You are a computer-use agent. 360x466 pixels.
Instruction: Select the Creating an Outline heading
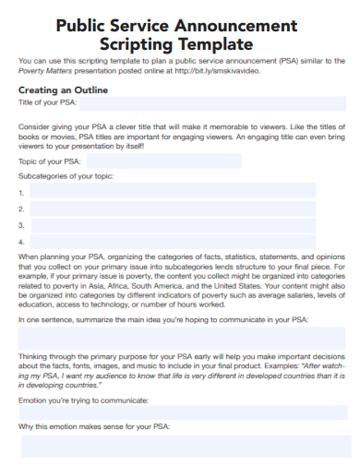click(x=63, y=90)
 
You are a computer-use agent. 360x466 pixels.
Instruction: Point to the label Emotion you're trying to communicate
click(x=81, y=401)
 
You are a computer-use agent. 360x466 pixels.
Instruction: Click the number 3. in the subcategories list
click(x=20, y=224)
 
